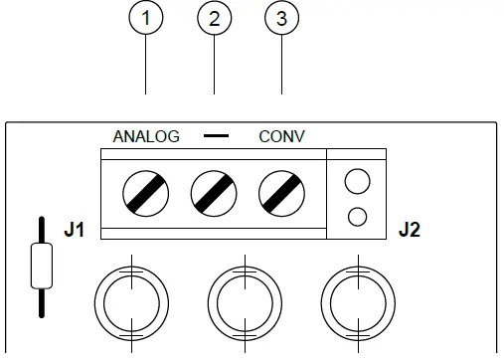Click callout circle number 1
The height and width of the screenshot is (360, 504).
tap(147, 19)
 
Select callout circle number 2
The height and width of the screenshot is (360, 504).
tap(214, 19)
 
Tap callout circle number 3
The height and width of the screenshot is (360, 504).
tap(281, 19)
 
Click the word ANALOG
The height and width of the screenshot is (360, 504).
tap(146, 136)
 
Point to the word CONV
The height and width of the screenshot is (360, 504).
tap(281, 136)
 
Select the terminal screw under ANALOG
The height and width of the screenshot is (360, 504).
tap(146, 191)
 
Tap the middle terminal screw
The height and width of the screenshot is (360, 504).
tap(214, 191)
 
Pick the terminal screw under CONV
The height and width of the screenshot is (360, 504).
tap(281, 191)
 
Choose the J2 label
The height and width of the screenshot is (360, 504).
tap(410, 232)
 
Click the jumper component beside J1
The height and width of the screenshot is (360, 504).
tap(40, 266)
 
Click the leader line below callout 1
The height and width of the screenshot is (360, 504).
tap(147, 66)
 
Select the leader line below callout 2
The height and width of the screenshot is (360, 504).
tap(214, 66)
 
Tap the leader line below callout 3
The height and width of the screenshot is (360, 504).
tap(281, 66)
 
